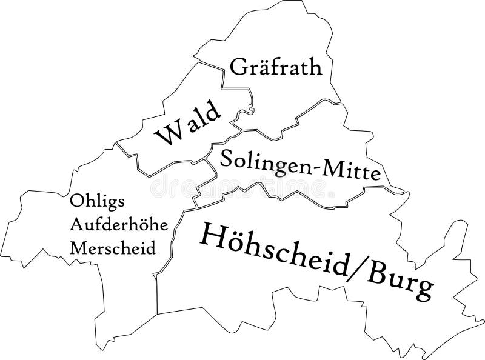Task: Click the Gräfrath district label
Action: pos(276,67)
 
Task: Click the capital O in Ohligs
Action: pos(76,200)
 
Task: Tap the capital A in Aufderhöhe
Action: pos(76,224)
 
